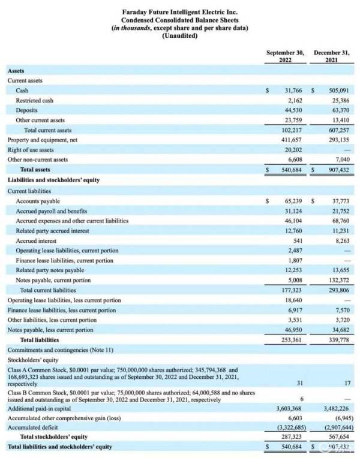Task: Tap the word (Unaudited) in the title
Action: pyautogui.click(x=180, y=36)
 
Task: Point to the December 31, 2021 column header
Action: pyautogui.click(x=332, y=56)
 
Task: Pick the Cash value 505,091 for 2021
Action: pyautogui.click(x=339, y=91)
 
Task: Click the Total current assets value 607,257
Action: pyautogui.click(x=339, y=130)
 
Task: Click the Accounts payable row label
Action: pyautogui.click(x=38, y=201)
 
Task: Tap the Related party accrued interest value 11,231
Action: pyautogui.click(x=340, y=231)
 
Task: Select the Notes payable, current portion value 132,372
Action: pyautogui.click(x=339, y=280)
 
